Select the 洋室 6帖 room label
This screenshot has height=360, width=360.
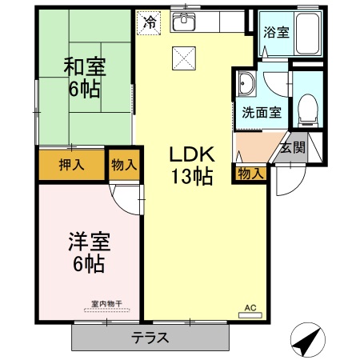click(89, 251)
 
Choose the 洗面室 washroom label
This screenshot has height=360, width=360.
click(262, 112)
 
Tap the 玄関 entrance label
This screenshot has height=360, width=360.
click(293, 148)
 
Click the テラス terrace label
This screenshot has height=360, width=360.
click(150, 337)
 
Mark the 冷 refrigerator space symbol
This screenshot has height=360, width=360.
click(149, 22)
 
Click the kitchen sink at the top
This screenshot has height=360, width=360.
click(186, 22)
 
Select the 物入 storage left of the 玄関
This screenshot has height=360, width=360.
click(250, 173)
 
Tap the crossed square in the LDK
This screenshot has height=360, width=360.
click(183, 58)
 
